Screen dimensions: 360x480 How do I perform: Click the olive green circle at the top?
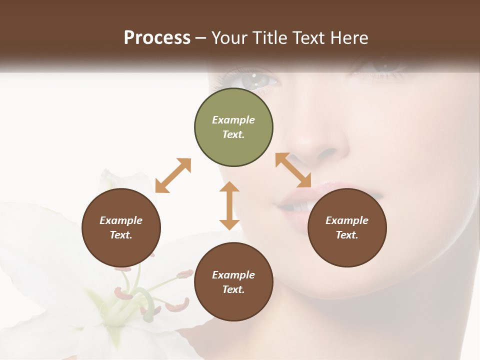click(233, 127)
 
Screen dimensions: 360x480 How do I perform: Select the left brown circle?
click(121, 228)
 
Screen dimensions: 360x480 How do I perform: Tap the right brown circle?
click(347, 228)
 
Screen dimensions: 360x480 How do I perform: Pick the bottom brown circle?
click(233, 282)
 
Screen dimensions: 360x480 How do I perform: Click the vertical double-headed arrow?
click(229, 205)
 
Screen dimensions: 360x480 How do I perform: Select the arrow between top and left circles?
click(173, 175)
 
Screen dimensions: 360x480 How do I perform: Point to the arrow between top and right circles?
click(293, 170)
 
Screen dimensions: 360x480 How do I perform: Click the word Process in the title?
click(157, 37)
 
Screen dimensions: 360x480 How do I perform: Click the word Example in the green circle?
click(233, 120)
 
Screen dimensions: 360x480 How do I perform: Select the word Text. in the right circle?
click(347, 235)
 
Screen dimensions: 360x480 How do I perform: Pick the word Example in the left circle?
click(121, 220)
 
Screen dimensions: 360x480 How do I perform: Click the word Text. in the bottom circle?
click(233, 289)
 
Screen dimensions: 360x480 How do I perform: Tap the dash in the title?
click(201, 37)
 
